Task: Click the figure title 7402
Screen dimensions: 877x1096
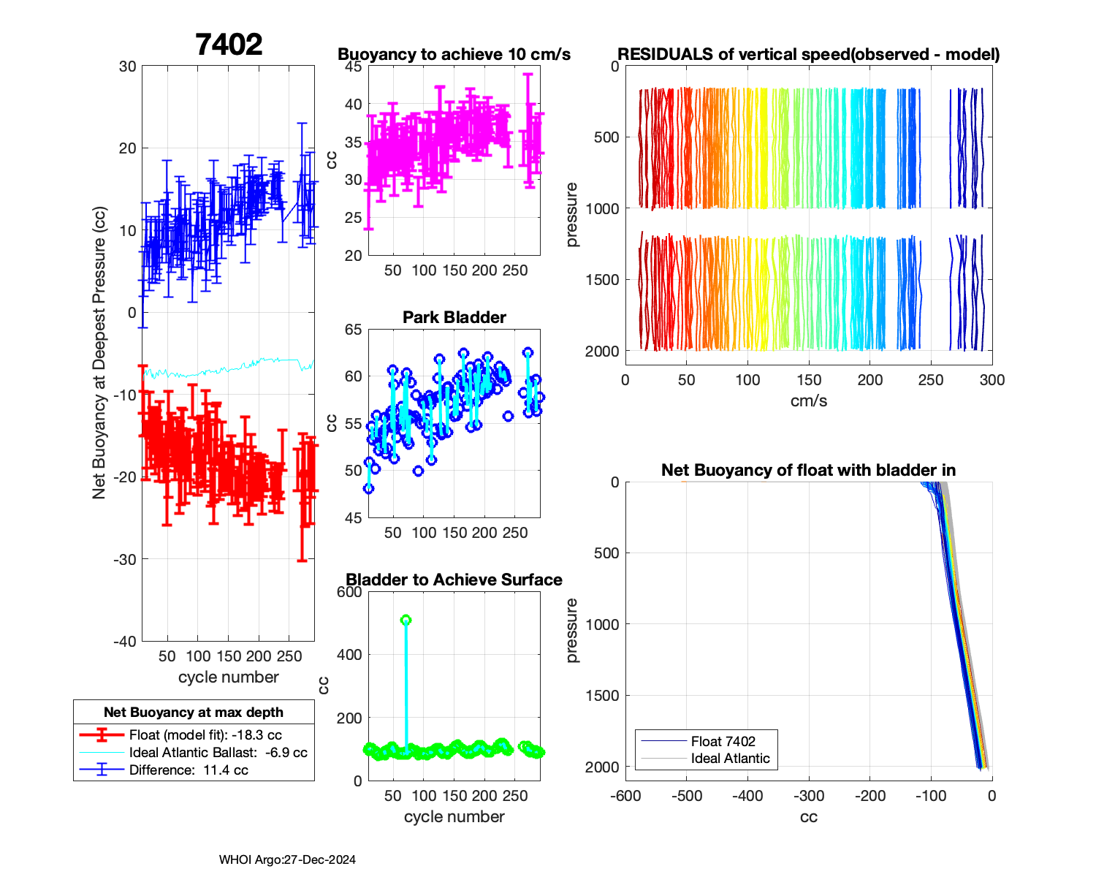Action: (229, 45)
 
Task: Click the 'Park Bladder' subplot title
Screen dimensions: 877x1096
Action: (454, 317)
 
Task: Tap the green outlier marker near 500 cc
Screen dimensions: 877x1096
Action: (406, 620)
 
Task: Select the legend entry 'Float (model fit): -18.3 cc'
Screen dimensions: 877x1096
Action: (205, 735)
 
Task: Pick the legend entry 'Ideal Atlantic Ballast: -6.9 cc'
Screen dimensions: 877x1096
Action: (218, 752)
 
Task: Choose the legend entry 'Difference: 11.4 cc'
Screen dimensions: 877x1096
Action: (189, 770)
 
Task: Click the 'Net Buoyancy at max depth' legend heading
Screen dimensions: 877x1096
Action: (194, 713)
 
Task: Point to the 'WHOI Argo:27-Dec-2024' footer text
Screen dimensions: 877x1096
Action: (287, 859)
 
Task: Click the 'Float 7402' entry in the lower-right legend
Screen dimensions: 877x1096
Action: (723, 741)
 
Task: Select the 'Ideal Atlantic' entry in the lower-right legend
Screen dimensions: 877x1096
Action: (730, 759)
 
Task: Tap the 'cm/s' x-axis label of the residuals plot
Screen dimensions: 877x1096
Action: (809, 400)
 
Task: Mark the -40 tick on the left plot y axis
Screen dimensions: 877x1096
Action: (125, 641)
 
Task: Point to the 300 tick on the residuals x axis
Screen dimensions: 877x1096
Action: (992, 380)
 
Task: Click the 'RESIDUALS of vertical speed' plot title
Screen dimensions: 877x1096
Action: (809, 54)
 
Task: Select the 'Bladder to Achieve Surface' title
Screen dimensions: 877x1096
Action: (454, 580)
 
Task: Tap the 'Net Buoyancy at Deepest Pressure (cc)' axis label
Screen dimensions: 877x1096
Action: (99, 354)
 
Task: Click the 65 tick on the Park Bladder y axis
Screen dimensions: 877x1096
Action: (354, 330)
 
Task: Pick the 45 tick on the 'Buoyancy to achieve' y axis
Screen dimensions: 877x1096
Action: (354, 67)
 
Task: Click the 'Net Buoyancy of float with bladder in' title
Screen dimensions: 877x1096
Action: (809, 470)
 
